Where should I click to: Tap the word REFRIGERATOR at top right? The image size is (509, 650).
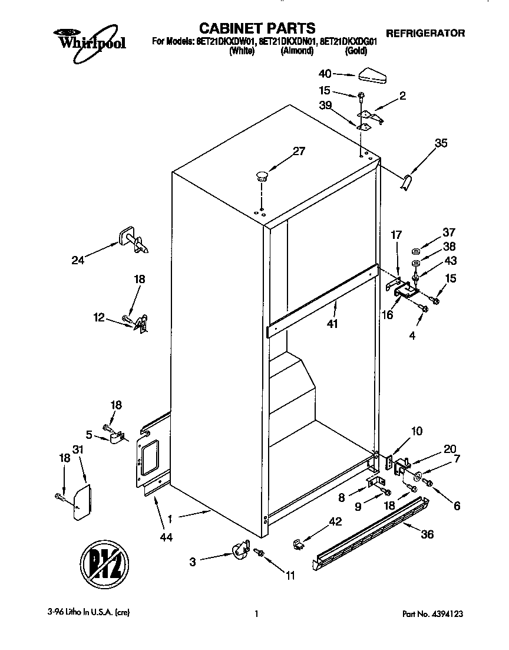click(x=425, y=33)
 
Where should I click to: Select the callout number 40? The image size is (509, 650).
click(x=325, y=74)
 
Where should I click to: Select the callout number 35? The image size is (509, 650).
click(x=441, y=143)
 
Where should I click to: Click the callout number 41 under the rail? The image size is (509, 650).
click(x=332, y=324)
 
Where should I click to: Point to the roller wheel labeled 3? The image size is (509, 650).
click(x=239, y=552)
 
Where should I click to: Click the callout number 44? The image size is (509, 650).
click(x=167, y=537)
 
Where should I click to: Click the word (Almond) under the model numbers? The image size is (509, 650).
click(x=296, y=51)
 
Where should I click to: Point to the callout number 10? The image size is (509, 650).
click(x=417, y=431)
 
